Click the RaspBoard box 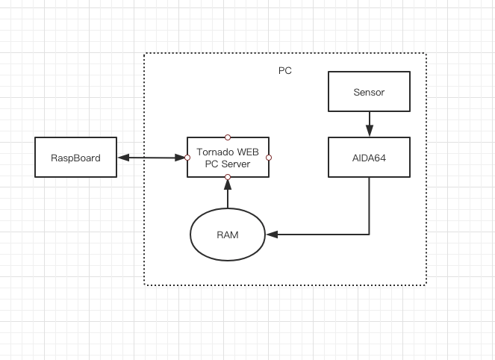(76, 157)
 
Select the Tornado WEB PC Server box (228, 168)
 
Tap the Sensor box (370, 92)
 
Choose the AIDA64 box (370, 157)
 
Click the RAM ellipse (228, 235)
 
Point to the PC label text (284, 71)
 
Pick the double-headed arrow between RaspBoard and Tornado (152, 157)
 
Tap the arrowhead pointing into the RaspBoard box (122, 157)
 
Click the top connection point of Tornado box (228, 137)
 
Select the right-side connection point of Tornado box (269, 157)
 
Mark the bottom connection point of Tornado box (228, 176)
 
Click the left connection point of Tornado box (187, 157)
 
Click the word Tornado (214, 152)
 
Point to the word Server (236, 163)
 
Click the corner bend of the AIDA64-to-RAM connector (370, 235)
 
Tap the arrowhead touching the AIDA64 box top (370, 133)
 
